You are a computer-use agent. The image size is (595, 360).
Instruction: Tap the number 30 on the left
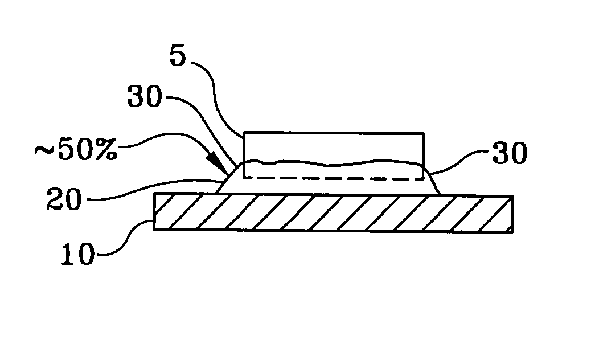(x=145, y=96)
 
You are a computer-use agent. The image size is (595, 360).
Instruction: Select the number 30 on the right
(x=510, y=153)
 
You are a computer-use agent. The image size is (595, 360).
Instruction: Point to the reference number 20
(x=64, y=199)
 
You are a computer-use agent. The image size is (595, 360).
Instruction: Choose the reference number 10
(x=78, y=253)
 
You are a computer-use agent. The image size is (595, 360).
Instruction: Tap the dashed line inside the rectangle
(x=334, y=178)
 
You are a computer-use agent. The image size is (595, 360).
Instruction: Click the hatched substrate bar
(x=333, y=212)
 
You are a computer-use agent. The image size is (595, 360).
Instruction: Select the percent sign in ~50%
(x=106, y=150)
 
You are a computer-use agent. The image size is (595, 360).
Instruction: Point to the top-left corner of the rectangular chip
(x=244, y=133)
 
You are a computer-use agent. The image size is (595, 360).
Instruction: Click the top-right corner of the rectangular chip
(x=424, y=133)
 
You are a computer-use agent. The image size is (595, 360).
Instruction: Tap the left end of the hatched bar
(x=154, y=211)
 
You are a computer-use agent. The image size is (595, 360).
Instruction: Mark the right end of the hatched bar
(x=512, y=214)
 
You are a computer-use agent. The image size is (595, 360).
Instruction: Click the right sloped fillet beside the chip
(x=433, y=182)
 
